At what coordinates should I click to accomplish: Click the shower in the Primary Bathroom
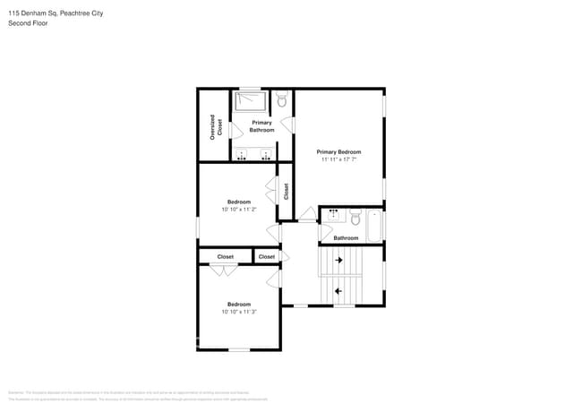(x=251, y=101)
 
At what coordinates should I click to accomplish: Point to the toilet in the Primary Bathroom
(x=282, y=101)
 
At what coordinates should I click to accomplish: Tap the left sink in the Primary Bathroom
(x=243, y=155)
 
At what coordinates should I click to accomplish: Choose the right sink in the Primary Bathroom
(x=266, y=155)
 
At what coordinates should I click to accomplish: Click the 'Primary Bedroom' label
(x=339, y=151)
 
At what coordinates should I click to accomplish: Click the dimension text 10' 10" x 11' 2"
(x=239, y=210)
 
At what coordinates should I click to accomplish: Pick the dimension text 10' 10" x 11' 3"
(x=239, y=312)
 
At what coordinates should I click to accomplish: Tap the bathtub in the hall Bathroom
(x=374, y=225)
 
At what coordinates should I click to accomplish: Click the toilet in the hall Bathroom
(x=355, y=218)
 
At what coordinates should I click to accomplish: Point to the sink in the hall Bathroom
(x=334, y=215)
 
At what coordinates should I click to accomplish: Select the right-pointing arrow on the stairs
(x=339, y=261)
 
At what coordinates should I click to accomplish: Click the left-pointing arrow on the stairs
(x=339, y=291)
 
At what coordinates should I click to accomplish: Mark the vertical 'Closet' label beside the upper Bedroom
(x=287, y=191)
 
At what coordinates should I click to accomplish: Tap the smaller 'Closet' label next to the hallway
(x=267, y=257)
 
